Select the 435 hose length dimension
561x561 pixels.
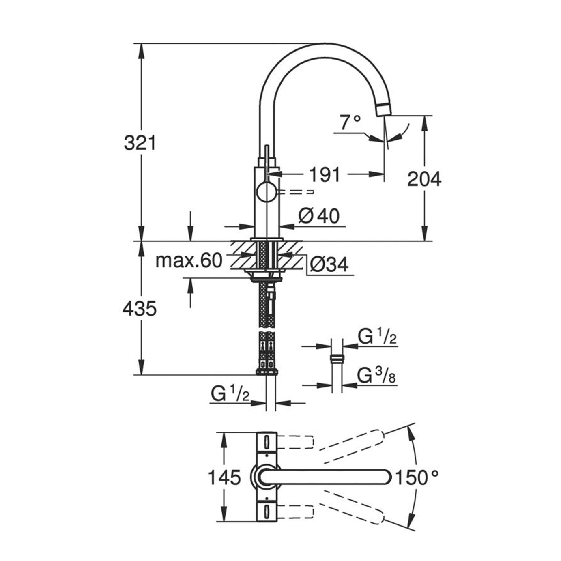tap(140, 309)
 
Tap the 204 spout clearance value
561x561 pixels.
tap(424, 179)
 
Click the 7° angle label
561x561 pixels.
tap(350, 123)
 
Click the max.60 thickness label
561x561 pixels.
tap(189, 260)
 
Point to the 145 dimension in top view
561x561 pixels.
tap(224, 477)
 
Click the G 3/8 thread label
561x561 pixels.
tap(377, 376)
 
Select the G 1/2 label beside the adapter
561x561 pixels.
tap(377, 337)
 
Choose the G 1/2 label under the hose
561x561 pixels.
tap(230, 394)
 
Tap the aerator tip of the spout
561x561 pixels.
tap(383, 110)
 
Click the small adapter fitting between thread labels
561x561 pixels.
tap(337, 358)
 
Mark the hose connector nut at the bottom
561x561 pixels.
tap(267, 371)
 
